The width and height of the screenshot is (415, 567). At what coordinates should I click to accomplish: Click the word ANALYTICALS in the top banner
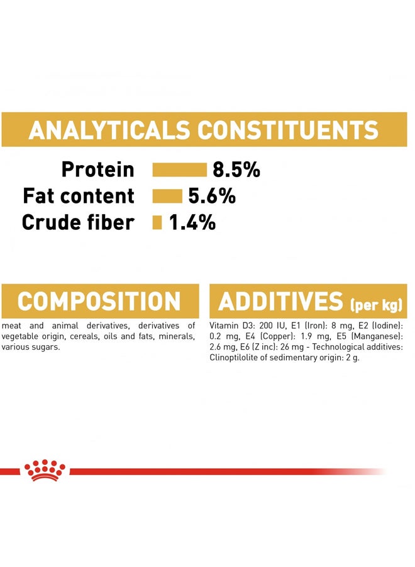click(109, 130)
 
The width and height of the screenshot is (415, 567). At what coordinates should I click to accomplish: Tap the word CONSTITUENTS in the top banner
click(289, 130)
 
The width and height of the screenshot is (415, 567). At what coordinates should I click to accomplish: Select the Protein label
click(98, 169)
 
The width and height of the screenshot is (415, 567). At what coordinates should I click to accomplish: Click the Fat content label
click(79, 196)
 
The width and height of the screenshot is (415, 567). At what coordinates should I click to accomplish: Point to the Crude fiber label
click(78, 222)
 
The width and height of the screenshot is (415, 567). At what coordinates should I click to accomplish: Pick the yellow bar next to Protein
click(179, 169)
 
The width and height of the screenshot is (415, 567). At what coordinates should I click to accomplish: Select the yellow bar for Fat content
click(167, 196)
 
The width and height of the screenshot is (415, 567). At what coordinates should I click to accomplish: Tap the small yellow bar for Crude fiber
click(157, 222)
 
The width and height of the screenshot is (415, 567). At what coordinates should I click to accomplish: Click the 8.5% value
click(236, 169)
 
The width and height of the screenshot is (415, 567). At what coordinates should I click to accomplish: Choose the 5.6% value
click(212, 196)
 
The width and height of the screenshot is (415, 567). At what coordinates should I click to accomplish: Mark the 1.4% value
click(192, 222)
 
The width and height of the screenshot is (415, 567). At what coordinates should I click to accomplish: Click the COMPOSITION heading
click(99, 301)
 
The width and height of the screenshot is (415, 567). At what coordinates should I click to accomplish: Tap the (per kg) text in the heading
click(375, 306)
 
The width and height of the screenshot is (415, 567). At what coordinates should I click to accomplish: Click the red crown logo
click(45, 470)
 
